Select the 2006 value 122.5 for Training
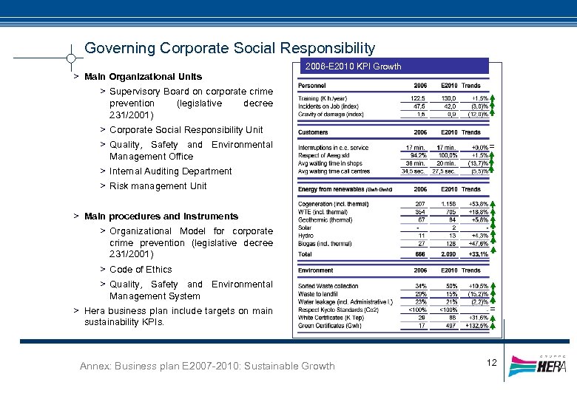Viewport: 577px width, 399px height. point(419,98)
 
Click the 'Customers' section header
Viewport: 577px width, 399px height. point(313,132)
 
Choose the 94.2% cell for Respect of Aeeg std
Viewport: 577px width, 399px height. point(419,156)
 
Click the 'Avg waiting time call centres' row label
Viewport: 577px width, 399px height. point(333,171)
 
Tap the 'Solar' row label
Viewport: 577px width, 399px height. point(305,228)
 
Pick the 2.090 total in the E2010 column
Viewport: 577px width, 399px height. point(448,253)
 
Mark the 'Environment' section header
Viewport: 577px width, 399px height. point(316,270)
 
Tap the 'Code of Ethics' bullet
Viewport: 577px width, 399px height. point(141,270)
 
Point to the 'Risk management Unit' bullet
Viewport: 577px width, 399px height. point(158,186)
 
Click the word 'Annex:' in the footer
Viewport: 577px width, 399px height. point(98,366)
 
